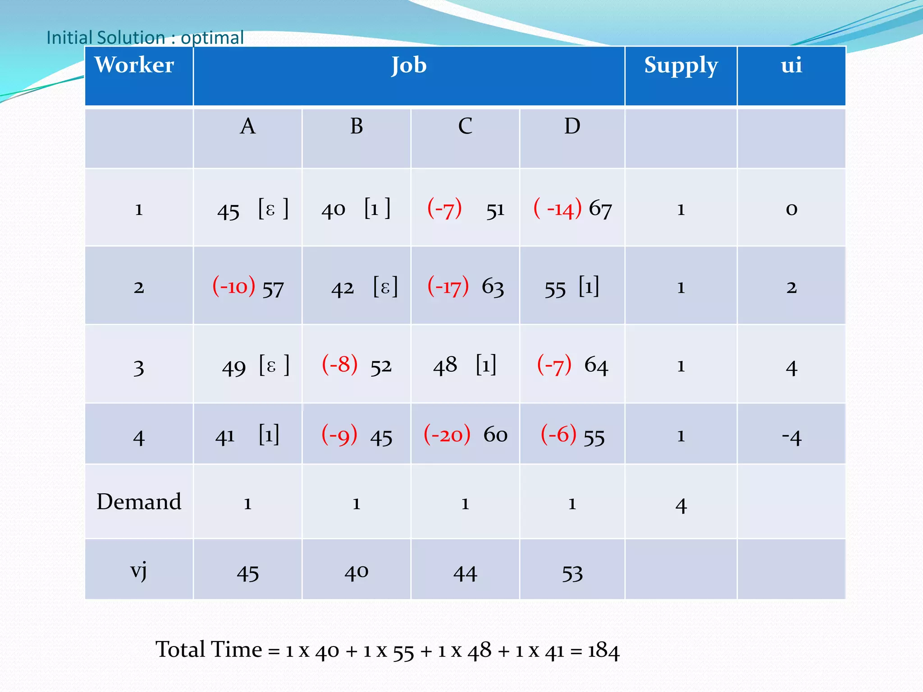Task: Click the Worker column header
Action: [x=134, y=65]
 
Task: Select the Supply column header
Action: [x=681, y=66]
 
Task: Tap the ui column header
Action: [x=791, y=65]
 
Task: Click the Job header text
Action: [x=409, y=65]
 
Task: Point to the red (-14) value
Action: [x=557, y=209]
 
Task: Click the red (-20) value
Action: [x=447, y=435]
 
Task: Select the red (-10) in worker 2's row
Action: [x=234, y=287]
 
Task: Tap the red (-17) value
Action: [x=448, y=287]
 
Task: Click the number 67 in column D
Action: [x=600, y=209]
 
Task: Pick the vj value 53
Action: [x=572, y=574]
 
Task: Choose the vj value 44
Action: [x=465, y=574]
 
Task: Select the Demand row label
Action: [x=139, y=502]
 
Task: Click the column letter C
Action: [x=465, y=126]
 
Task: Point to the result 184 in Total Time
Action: [x=604, y=651]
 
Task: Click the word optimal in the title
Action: [x=212, y=38]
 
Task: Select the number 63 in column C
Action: [x=493, y=287]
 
